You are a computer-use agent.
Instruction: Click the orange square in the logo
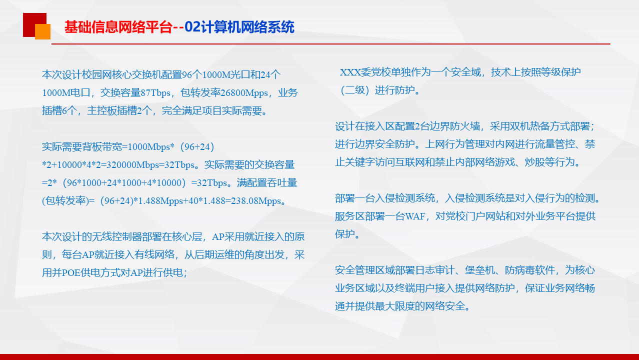point(43,31)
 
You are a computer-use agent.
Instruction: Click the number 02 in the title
point(192,27)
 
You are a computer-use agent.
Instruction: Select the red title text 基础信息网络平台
point(118,27)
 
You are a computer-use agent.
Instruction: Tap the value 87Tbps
point(155,92)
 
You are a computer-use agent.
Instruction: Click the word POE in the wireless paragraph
point(71,272)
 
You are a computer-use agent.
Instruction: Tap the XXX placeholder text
point(350,72)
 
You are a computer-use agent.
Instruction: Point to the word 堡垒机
point(479,270)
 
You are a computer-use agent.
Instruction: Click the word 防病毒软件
point(529,270)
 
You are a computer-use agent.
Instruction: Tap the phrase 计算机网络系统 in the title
point(247,27)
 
